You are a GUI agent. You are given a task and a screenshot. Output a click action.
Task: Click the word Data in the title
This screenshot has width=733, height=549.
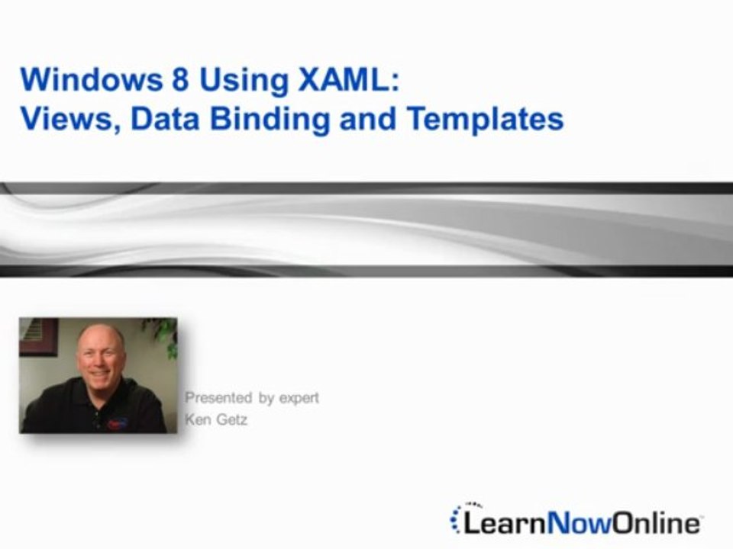[x=163, y=119]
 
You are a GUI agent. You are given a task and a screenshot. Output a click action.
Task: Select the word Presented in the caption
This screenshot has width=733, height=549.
[x=218, y=397]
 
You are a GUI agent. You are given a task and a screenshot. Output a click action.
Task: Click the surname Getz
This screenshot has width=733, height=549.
[x=232, y=419]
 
